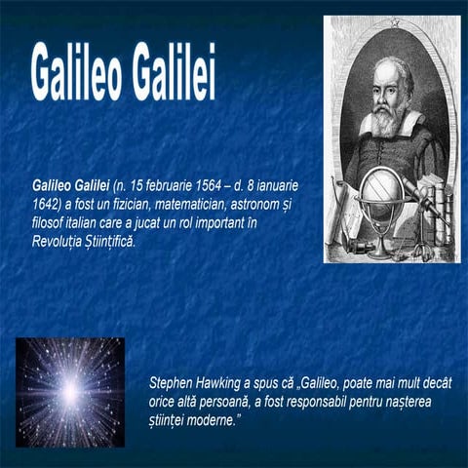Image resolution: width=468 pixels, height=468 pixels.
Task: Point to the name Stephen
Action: coord(174,383)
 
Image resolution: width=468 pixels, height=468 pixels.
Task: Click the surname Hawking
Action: coord(227,383)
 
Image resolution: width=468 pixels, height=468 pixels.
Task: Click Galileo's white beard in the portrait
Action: coord(385,123)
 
